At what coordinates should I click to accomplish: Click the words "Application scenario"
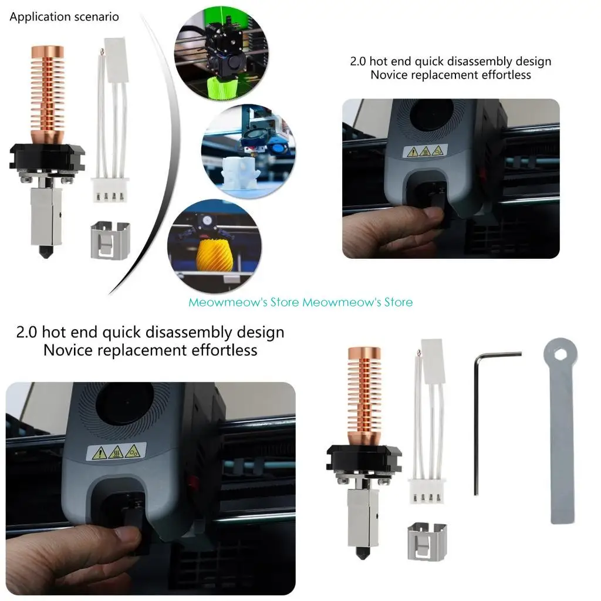tap(64, 16)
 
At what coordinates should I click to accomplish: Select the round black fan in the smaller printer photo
tap(431, 114)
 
